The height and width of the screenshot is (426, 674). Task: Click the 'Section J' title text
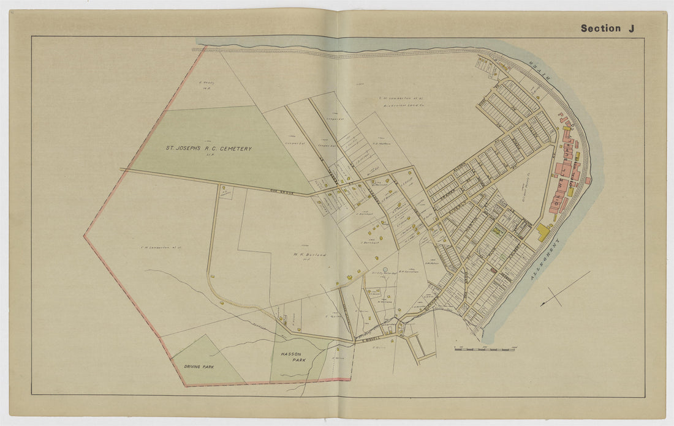point(607,28)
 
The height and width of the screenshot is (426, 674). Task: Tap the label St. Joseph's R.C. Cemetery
point(208,149)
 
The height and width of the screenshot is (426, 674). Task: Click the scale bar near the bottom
point(484,349)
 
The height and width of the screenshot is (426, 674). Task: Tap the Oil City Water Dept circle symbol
point(385,269)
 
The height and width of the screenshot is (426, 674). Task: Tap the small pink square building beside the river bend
point(588,181)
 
